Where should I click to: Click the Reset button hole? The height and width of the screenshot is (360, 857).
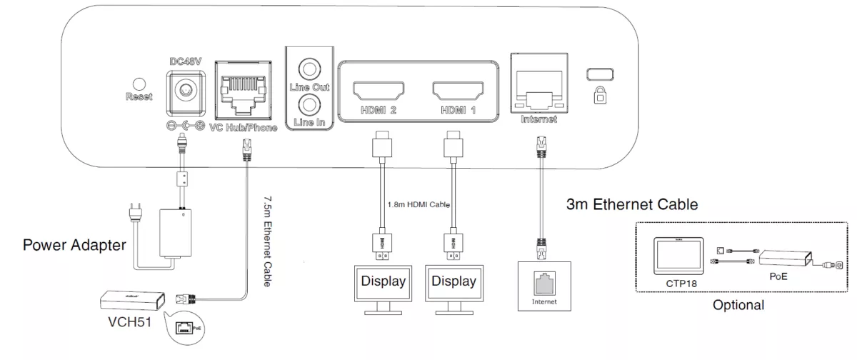point(139,84)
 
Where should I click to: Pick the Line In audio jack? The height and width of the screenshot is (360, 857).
point(310,104)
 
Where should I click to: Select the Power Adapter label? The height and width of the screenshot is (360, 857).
point(74,246)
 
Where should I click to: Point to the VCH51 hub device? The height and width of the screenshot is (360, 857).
point(131,298)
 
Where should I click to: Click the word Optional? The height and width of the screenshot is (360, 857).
point(738,305)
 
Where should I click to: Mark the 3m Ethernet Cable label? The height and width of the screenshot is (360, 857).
point(631,205)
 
